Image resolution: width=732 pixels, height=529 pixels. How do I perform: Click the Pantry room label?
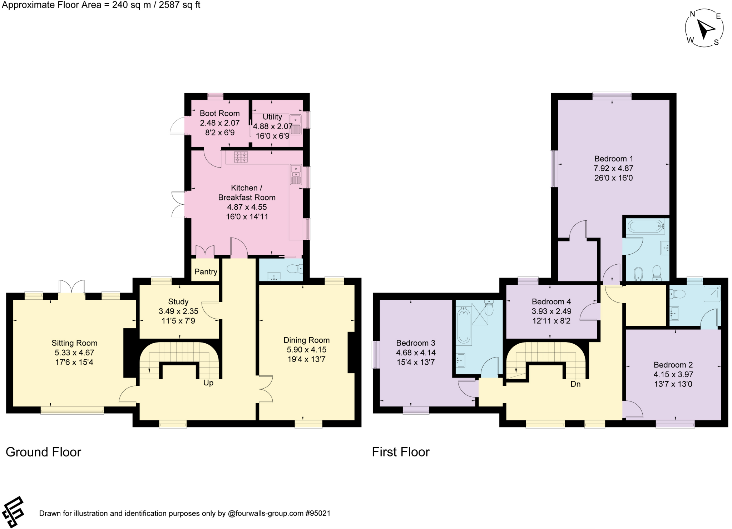point(206,272)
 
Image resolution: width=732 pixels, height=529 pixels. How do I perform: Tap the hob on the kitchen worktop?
point(241,157)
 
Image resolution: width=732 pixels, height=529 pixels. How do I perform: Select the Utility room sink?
point(296,125)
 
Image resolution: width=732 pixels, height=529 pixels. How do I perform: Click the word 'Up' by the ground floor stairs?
point(208,383)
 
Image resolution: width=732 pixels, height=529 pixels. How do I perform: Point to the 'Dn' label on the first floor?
point(575,384)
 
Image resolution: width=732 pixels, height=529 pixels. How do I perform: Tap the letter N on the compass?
point(692,14)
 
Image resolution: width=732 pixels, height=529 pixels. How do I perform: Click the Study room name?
point(178,302)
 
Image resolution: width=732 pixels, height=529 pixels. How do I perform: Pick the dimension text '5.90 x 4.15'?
point(306,350)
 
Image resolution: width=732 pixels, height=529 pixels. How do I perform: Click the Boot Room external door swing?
point(178,125)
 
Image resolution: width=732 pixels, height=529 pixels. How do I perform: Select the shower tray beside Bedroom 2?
point(712,294)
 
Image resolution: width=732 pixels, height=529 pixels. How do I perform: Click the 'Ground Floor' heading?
point(44,452)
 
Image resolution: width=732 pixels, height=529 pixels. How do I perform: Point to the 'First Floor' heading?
point(401,452)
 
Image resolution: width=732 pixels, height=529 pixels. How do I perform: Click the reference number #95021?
point(317,514)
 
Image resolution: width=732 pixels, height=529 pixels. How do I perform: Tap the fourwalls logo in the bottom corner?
point(13,512)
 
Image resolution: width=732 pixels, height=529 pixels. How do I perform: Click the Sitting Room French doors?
point(71,287)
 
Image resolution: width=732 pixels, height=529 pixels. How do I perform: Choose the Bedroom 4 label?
point(551,302)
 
